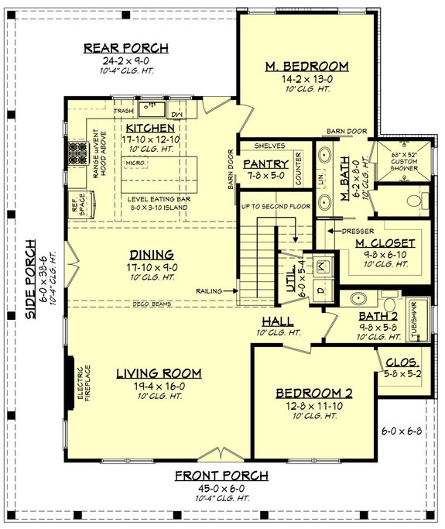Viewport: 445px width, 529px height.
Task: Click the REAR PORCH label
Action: [x=125, y=49]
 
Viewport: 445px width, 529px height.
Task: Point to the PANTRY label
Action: [x=265, y=164]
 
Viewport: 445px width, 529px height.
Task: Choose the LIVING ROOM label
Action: [x=159, y=373]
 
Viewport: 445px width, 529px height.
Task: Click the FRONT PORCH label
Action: [x=221, y=475]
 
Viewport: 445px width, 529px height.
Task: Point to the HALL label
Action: [x=277, y=320]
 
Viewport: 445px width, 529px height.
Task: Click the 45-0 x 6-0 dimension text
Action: [x=221, y=488]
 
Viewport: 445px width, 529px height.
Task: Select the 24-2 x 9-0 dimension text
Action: [x=125, y=62]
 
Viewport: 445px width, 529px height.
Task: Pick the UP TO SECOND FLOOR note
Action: [x=276, y=207]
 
